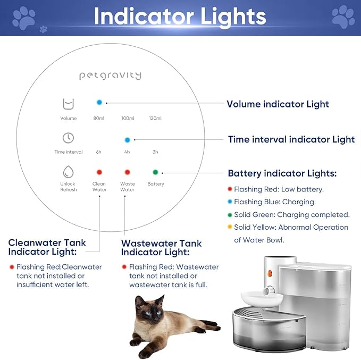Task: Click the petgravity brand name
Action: pyautogui.click(x=110, y=76)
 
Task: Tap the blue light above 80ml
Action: pyautogui.click(x=99, y=102)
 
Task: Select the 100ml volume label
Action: pyautogui.click(x=128, y=118)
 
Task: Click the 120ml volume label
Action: pyautogui.click(x=155, y=118)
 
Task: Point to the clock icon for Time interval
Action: pyautogui.click(x=68, y=138)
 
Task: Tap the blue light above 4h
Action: pyautogui.click(x=127, y=140)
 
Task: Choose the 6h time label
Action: pyautogui.click(x=99, y=152)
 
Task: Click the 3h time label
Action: pyautogui.click(x=155, y=152)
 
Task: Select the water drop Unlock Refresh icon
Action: pyautogui.click(x=68, y=171)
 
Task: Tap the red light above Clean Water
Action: pyautogui.click(x=99, y=172)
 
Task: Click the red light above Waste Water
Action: pyautogui.click(x=127, y=172)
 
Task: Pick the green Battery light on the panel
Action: pyautogui.click(x=155, y=172)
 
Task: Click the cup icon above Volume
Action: pyautogui.click(x=68, y=103)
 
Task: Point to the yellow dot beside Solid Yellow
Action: pyautogui.click(x=229, y=228)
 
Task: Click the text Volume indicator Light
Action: pyautogui.click(x=278, y=104)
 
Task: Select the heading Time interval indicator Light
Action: pyautogui.click(x=291, y=140)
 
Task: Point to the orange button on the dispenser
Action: pyautogui.click(x=270, y=274)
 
